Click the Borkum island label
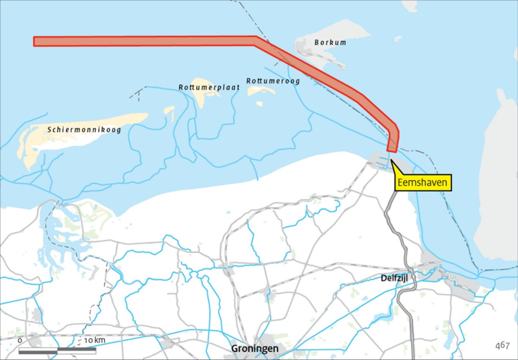(x=330, y=43)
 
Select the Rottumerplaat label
(x=209, y=87)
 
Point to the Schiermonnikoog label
(x=84, y=129)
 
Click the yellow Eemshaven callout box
(x=423, y=181)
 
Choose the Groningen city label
(x=255, y=348)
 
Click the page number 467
(x=502, y=345)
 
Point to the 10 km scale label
(x=95, y=340)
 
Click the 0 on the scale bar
(x=20, y=340)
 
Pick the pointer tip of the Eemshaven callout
(x=391, y=159)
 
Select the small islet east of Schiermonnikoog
(x=170, y=111)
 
